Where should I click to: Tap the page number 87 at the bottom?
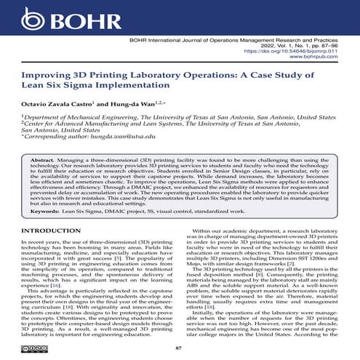tap(180, 349)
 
